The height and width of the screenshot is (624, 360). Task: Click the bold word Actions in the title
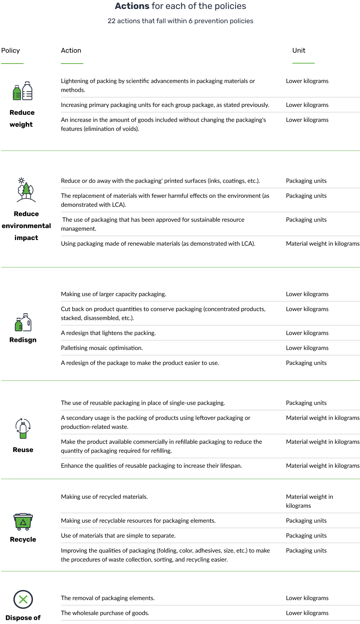click(132, 6)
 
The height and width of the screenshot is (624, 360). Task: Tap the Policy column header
click(10, 50)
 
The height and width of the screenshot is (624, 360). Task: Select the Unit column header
click(299, 50)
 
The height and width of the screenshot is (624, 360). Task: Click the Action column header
click(71, 50)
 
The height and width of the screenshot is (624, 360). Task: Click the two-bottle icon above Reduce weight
click(22, 91)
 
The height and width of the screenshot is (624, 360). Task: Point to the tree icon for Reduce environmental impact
click(26, 190)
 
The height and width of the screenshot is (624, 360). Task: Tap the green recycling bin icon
click(23, 522)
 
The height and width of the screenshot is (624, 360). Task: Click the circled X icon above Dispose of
click(23, 599)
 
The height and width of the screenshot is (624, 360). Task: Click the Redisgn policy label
click(23, 340)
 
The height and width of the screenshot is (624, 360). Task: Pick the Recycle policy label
click(23, 539)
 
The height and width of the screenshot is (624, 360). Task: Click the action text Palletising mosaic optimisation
click(102, 348)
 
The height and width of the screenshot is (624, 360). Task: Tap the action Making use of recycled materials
click(104, 497)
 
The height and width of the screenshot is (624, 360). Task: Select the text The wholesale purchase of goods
click(105, 613)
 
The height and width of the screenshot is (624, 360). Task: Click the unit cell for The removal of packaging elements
click(307, 598)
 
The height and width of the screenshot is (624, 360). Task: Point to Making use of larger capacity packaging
click(113, 294)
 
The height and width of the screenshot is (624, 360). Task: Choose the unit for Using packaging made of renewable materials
click(323, 243)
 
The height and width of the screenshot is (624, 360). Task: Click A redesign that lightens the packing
click(108, 333)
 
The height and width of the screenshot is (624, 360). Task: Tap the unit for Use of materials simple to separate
click(306, 535)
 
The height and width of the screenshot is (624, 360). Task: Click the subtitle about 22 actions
click(180, 21)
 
